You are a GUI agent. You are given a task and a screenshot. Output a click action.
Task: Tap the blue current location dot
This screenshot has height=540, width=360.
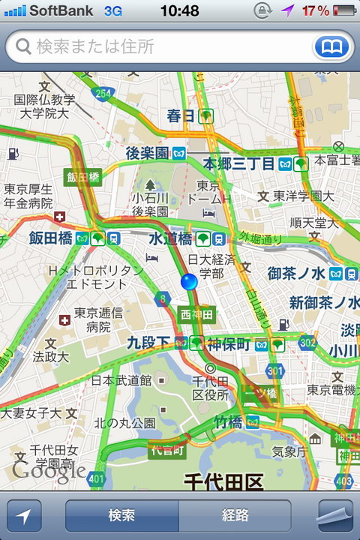coord(189,281)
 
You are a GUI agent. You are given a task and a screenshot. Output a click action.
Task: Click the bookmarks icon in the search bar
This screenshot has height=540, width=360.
coord(331,46)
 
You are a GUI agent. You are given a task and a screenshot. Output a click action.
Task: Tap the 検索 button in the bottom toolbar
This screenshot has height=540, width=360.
coord(121,516)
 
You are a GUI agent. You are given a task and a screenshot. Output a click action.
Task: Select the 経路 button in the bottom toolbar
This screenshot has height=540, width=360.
coord(235,516)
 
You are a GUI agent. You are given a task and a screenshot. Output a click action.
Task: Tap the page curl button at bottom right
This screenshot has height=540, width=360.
coord(335,516)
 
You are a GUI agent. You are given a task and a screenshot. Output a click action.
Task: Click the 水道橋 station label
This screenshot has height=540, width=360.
coord(172,238)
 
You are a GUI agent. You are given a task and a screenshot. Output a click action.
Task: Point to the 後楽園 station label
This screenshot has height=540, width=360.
coord(147,153)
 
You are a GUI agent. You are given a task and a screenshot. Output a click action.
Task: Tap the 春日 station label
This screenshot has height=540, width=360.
coord(181,116)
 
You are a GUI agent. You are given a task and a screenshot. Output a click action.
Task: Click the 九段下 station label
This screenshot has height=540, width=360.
coord(149,343)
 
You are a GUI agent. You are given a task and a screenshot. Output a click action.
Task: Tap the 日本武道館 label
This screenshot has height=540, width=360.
coord(121,381)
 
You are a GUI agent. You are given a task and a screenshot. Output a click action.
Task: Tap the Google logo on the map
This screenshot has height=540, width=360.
coord(48,470)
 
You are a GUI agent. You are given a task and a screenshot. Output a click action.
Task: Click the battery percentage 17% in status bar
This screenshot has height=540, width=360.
coord(316,10)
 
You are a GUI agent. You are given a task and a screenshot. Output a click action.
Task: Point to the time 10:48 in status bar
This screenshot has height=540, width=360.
coord(179,10)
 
